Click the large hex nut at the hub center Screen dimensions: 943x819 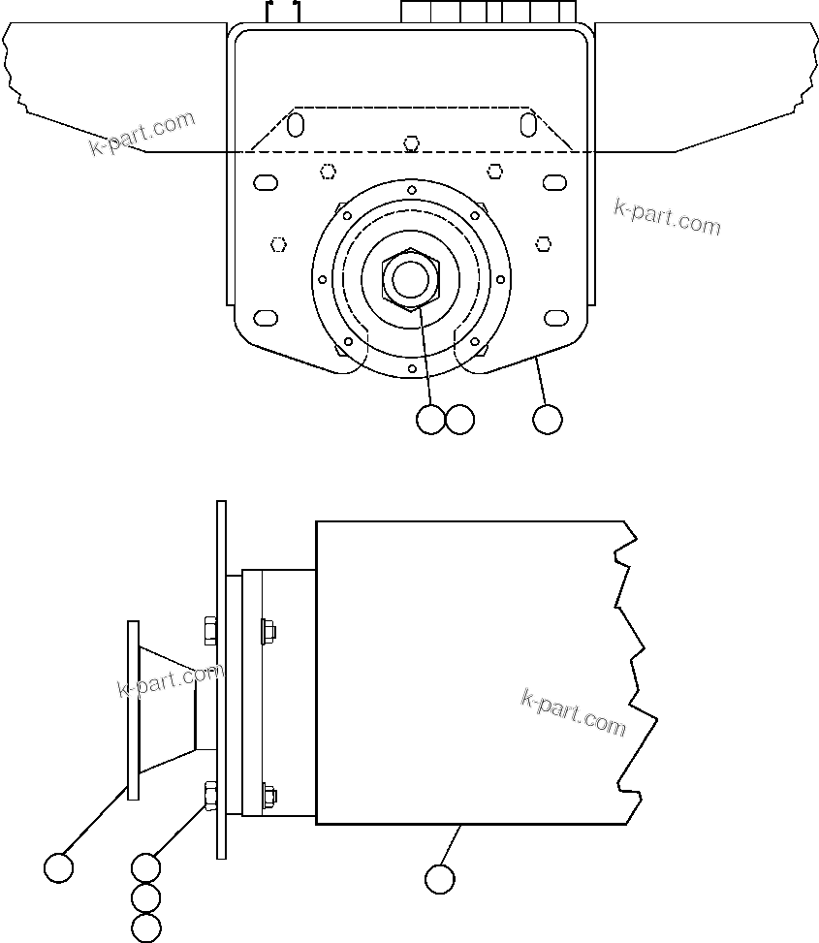click(x=412, y=279)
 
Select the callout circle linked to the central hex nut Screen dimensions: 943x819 click(x=430, y=419)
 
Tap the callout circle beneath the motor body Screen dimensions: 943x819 click(x=440, y=878)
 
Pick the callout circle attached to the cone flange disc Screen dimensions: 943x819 click(x=59, y=867)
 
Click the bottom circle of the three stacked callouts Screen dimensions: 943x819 click(x=145, y=927)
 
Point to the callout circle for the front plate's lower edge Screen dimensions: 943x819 click(x=548, y=419)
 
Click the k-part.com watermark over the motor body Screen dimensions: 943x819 click(x=574, y=711)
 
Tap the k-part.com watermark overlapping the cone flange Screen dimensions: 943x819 click(x=171, y=681)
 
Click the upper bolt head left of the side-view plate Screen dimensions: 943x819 click(x=209, y=631)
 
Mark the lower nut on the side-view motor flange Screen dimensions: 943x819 click(x=268, y=796)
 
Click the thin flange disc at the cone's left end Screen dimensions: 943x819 click(x=133, y=710)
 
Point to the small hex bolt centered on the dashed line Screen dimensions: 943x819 click(x=412, y=144)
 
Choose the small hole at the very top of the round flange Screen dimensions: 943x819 click(x=412, y=190)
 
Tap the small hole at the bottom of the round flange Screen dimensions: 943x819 click(x=412, y=369)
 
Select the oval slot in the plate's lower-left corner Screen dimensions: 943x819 click(x=265, y=318)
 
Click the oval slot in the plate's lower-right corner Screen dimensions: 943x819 click(x=555, y=318)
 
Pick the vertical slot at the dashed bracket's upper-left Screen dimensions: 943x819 click(x=297, y=125)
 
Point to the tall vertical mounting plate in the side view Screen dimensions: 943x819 click(x=221, y=678)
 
